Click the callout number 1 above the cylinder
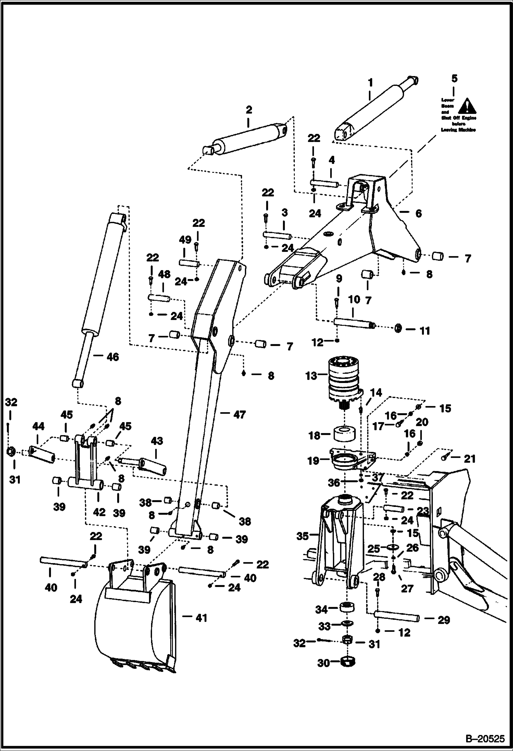(x=370, y=83)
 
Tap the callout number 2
(x=249, y=110)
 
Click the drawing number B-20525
(x=485, y=738)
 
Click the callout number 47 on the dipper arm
(x=239, y=415)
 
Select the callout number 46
(x=113, y=357)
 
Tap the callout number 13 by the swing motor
(x=311, y=375)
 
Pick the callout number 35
(x=302, y=536)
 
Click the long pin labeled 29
(x=397, y=617)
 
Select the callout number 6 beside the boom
(x=418, y=213)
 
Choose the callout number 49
(x=185, y=240)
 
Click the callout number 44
(x=38, y=427)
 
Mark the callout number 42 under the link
(x=99, y=512)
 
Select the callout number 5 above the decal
(x=454, y=79)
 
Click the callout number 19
(x=313, y=461)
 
